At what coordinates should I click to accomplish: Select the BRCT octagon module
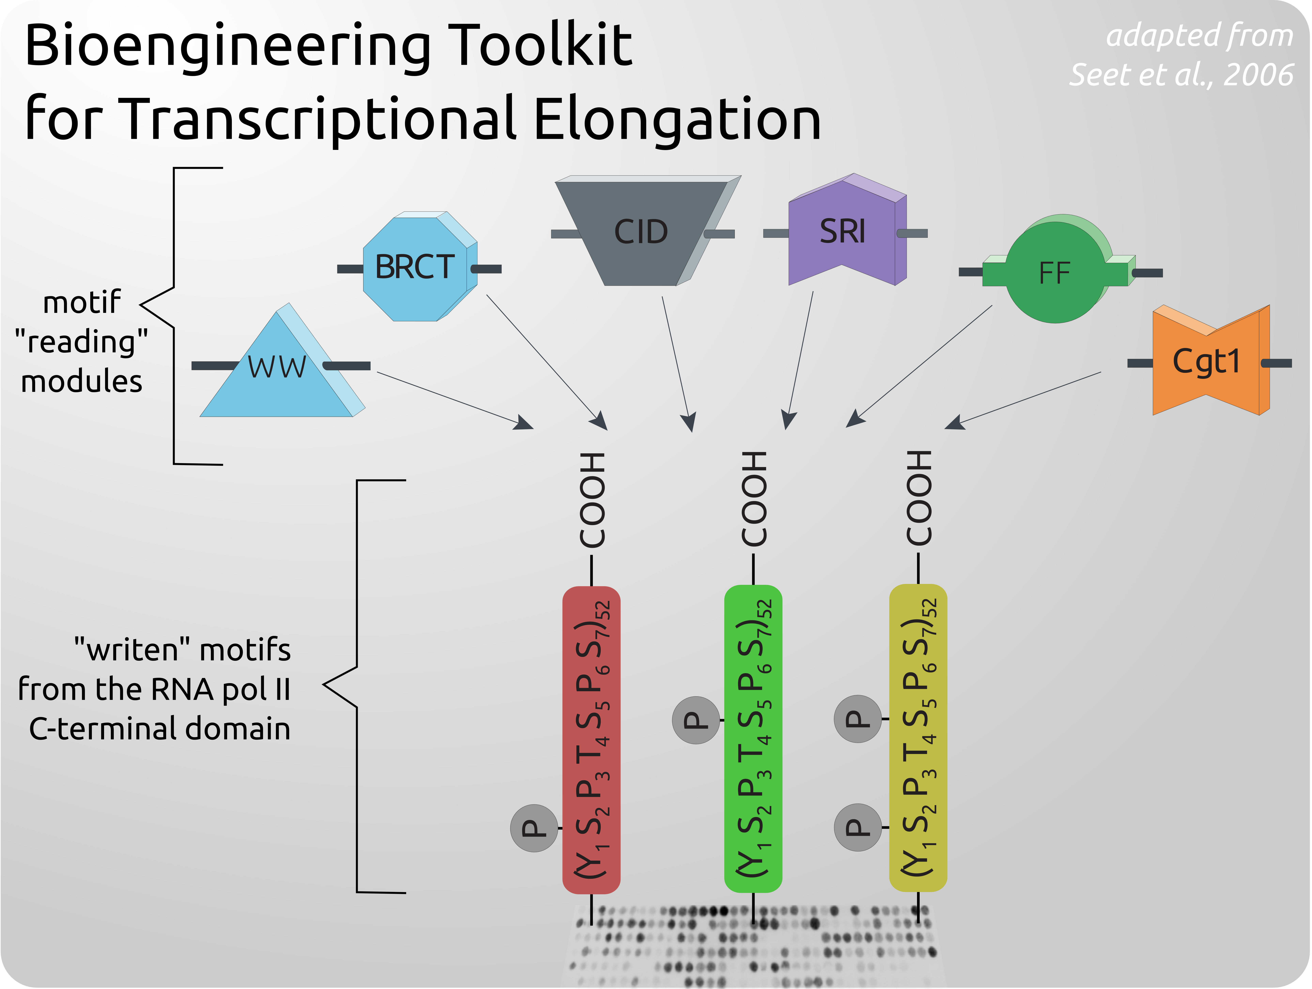click(x=415, y=267)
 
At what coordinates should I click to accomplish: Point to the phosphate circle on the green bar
click(x=696, y=720)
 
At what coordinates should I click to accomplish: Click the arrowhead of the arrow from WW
click(x=525, y=423)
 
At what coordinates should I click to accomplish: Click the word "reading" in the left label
click(x=81, y=342)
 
